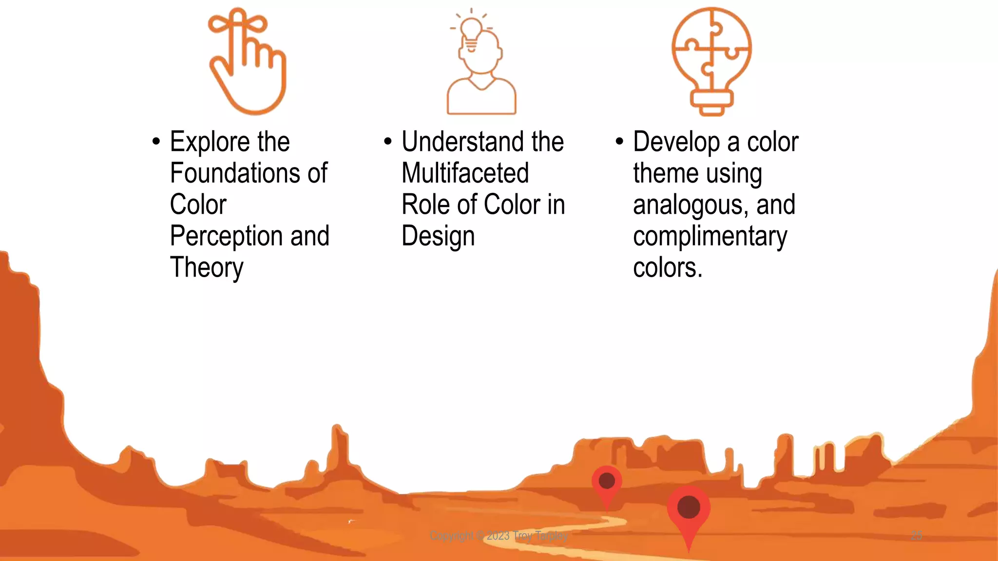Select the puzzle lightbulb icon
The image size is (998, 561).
point(711,61)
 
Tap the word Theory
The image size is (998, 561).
point(207,268)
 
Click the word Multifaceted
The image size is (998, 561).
point(465,173)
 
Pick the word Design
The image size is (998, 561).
point(438,237)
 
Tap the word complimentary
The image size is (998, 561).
point(710,237)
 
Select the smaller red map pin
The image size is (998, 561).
point(607,482)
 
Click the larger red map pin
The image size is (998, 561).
point(689,509)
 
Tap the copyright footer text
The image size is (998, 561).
point(499,536)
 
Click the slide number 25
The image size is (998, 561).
point(916,536)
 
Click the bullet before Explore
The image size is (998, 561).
point(156,142)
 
